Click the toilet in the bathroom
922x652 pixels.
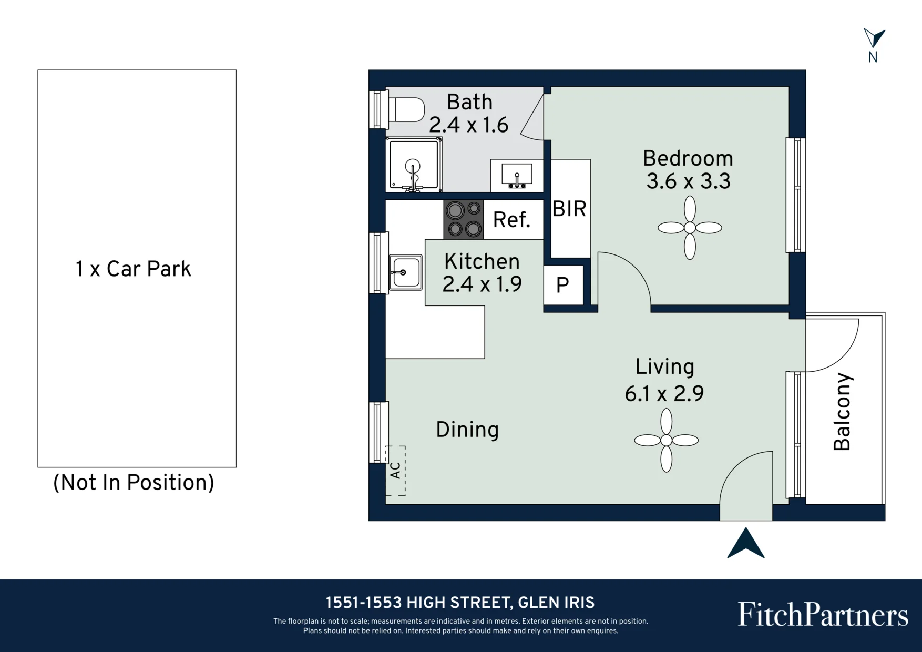(x=406, y=110)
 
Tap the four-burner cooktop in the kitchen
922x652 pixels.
(x=464, y=219)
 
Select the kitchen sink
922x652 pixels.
(x=405, y=272)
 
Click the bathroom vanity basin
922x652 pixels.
(x=517, y=175)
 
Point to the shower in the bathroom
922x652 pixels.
(x=414, y=165)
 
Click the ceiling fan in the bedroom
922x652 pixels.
(x=690, y=228)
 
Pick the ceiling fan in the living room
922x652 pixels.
(x=666, y=440)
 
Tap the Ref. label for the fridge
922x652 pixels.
(x=511, y=220)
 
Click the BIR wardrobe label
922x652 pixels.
(x=569, y=209)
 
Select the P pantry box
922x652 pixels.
(x=563, y=285)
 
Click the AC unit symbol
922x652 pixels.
(x=395, y=471)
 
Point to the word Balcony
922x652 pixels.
(x=842, y=412)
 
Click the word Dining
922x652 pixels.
(x=467, y=430)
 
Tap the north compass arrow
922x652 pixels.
(x=874, y=38)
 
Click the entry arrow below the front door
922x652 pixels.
(x=746, y=543)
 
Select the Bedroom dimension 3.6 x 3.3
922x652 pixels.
(x=688, y=181)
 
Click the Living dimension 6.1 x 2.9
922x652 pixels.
(x=664, y=393)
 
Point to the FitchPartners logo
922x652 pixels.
(x=823, y=614)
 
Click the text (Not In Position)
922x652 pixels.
(x=134, y=483)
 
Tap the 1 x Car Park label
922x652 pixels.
(x=134, y=269)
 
